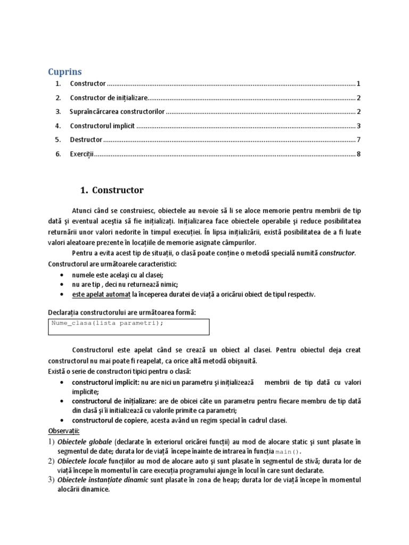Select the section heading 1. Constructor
pyautogui.click(x=112, y=190)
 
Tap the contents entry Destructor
pyautogui.click(x=86, y=140)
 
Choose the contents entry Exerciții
pyautogui.click(x=81, y=154)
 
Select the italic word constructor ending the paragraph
pyautogui.click(x=337, y=253)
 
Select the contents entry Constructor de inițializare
pyautogui.click(x=108, y=98)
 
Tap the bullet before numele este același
pyautogui.click(x=63, y=275)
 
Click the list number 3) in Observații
pyautogui.click(x=52, y=480)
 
